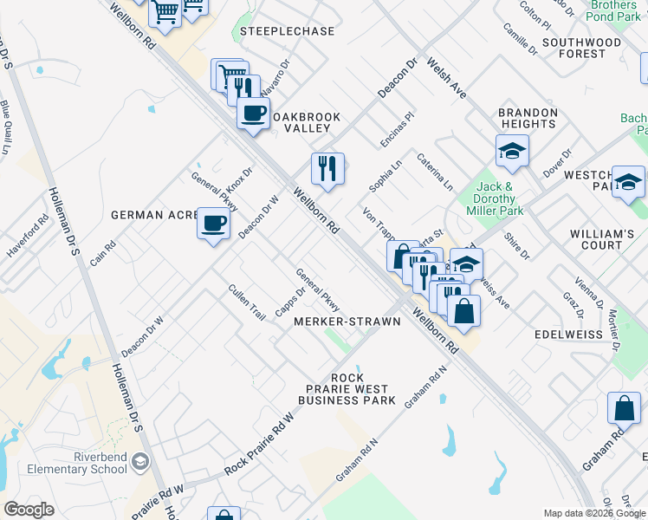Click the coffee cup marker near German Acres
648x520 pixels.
click(213, 224)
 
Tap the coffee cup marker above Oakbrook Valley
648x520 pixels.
click(253, 113)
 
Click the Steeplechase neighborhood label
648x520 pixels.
click(288, 31)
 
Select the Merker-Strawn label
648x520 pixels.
click(347, 322)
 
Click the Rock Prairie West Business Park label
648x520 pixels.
click(347, 389)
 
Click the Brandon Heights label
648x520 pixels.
click(528, 119)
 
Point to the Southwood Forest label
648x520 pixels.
click(581, 48)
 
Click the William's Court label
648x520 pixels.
click(602, 240)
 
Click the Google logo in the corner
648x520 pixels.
click(29, 510)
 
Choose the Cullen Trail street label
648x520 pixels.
click(247, 302)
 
